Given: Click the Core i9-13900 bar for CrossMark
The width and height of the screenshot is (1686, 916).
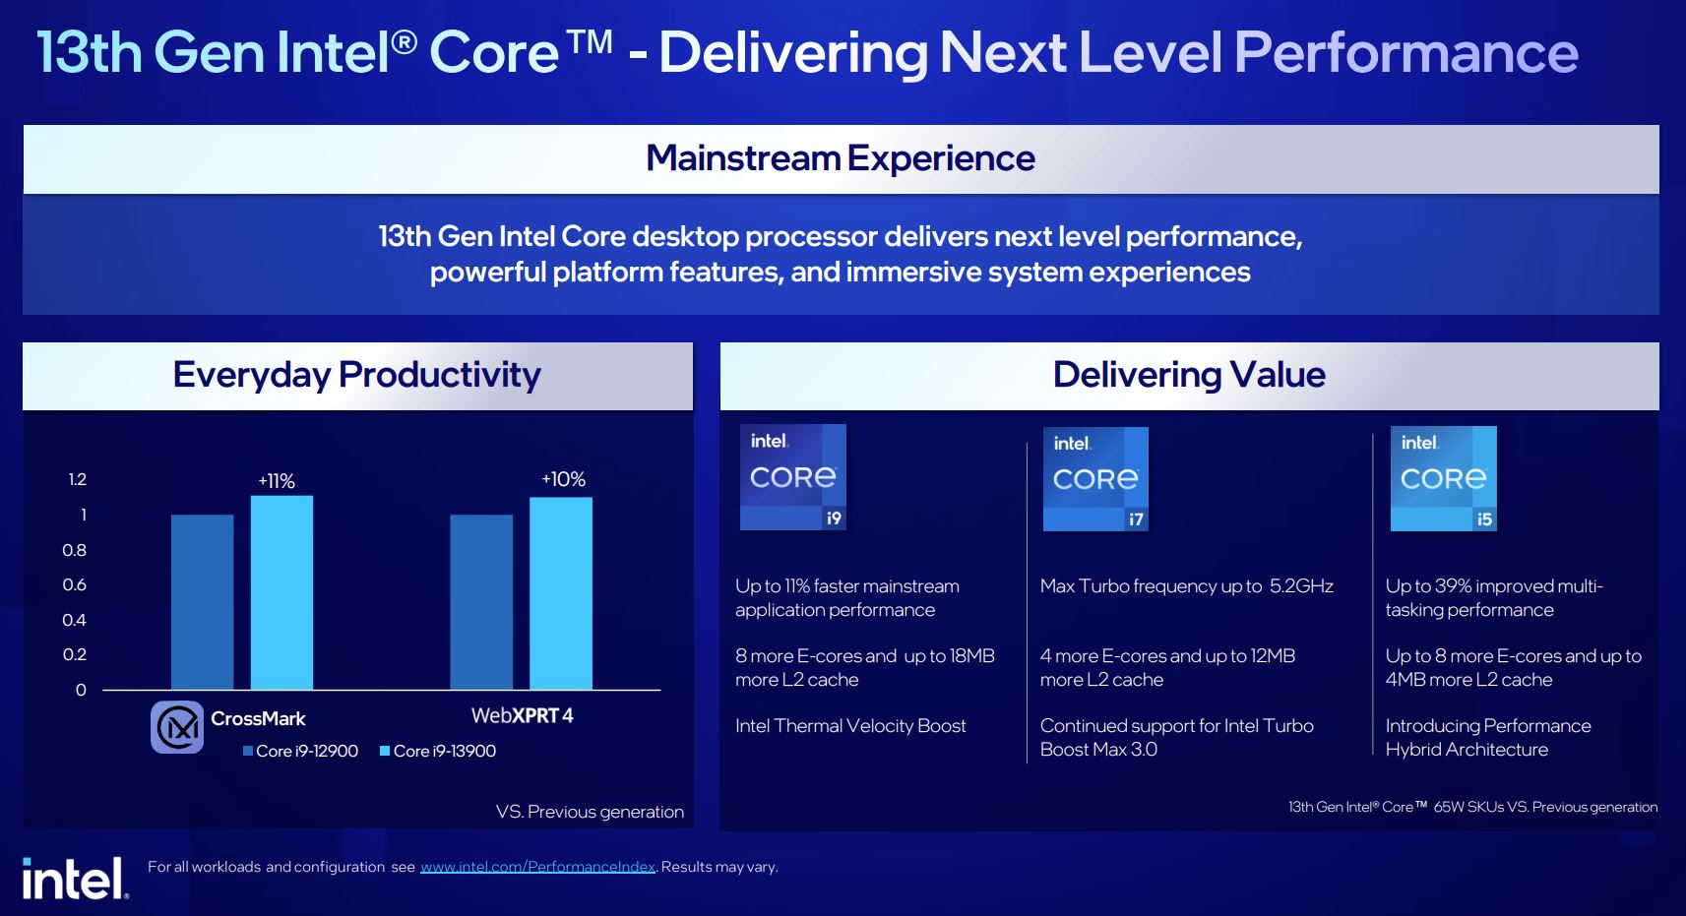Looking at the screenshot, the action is [x=281, y=592].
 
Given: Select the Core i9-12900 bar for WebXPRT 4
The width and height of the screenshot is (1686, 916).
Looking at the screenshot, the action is [x=481, y=602].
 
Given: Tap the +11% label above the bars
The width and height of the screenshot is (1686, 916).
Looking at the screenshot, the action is [x=277, y=481].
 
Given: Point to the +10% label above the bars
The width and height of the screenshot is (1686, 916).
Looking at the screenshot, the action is [x=563, y=479].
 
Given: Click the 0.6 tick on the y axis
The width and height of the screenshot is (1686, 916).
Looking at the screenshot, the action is [x=75, y=584].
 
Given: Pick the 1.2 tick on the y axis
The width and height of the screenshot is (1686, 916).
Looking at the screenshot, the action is [x=77, y=479].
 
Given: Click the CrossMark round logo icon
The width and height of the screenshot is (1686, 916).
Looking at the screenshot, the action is [x=177, y=727].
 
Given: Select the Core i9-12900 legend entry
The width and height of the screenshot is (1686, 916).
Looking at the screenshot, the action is [x=300, y=751].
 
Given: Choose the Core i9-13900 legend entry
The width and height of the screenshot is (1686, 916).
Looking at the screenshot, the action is [x=437, y=751].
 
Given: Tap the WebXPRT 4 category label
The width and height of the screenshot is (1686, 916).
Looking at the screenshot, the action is [x=522, y=716].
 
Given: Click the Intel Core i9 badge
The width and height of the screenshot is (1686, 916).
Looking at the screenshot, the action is [x=792, y=477].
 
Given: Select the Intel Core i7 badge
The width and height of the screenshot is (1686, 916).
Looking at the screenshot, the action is [x=1095, y=479].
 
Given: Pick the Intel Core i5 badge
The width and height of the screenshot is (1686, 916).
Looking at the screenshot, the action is [x=1443, y=479].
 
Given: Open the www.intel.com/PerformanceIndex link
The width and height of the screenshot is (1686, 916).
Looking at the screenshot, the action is [x=537, y=867].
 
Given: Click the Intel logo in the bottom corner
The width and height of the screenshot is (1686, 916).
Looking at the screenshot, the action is [x=75, y=879].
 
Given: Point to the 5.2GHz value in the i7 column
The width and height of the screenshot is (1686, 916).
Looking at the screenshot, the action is [x=1300, y=586].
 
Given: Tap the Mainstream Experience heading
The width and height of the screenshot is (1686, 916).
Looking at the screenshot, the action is [x=840, y=158].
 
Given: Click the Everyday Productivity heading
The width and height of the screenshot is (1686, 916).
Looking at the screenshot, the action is [x=356, y=375].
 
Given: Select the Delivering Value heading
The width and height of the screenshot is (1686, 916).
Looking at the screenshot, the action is [x=1189, y=375].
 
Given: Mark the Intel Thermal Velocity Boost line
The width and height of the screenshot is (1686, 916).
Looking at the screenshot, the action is [x=850, y=726].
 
